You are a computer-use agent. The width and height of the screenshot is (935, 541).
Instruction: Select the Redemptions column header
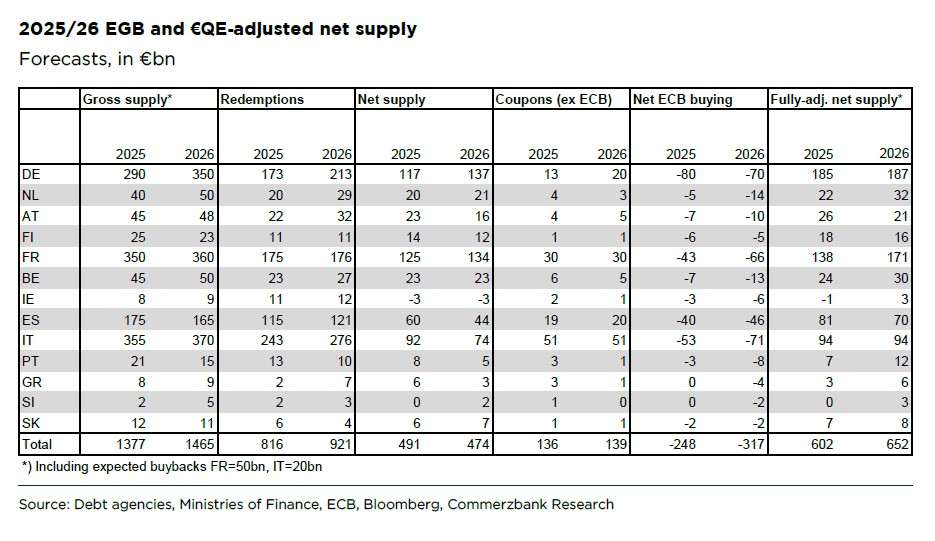pyautogui.click(x=262, y=99)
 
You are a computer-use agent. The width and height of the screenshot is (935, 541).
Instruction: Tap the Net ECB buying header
pyautogui.click(x=683, y=99)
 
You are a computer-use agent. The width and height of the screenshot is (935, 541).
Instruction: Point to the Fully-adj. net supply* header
pyautogui.click(x=836, y=99)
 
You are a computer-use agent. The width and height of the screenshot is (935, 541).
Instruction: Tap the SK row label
pyautogui.click(x=30, y=423)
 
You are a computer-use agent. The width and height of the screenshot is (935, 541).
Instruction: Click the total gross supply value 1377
pyautogui.click(x=129, y=443)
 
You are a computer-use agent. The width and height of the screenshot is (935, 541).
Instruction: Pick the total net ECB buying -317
pyautogui.click(x=747, y=443)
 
